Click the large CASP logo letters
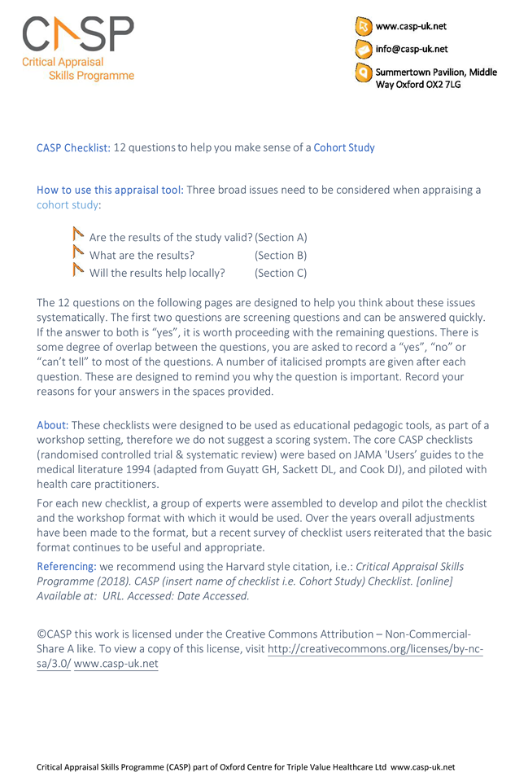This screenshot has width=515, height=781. pyautogui.click(x=77, y=34)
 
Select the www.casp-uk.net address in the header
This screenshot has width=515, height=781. pyautogui.click(x=410, y=26)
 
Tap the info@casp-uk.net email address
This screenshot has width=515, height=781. pyautogui.click(x=412, y=49)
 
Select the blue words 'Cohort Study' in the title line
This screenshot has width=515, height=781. pyautogui.click(x=344, y=147)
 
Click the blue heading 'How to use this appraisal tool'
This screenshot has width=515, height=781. pyautogui.click(x=110, y=190)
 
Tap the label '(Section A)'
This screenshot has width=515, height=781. pyautogui.click(x=281, y=237)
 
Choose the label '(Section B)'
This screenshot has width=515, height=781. pyautogui.click(x=281, y=255)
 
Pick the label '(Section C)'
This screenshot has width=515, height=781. pyautogui.click(x=281, y=273)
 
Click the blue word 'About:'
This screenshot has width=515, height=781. pyautogui.click(x=53, y=426)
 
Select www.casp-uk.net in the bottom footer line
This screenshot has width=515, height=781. pyautogui.click(x=422, y=767)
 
